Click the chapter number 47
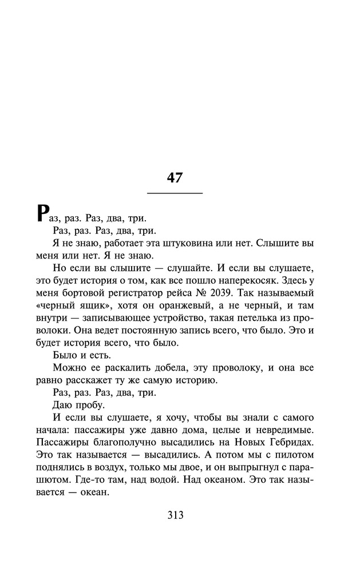click(175, 177)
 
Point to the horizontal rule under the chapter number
click(175, 194)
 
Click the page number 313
click(175, 515)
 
